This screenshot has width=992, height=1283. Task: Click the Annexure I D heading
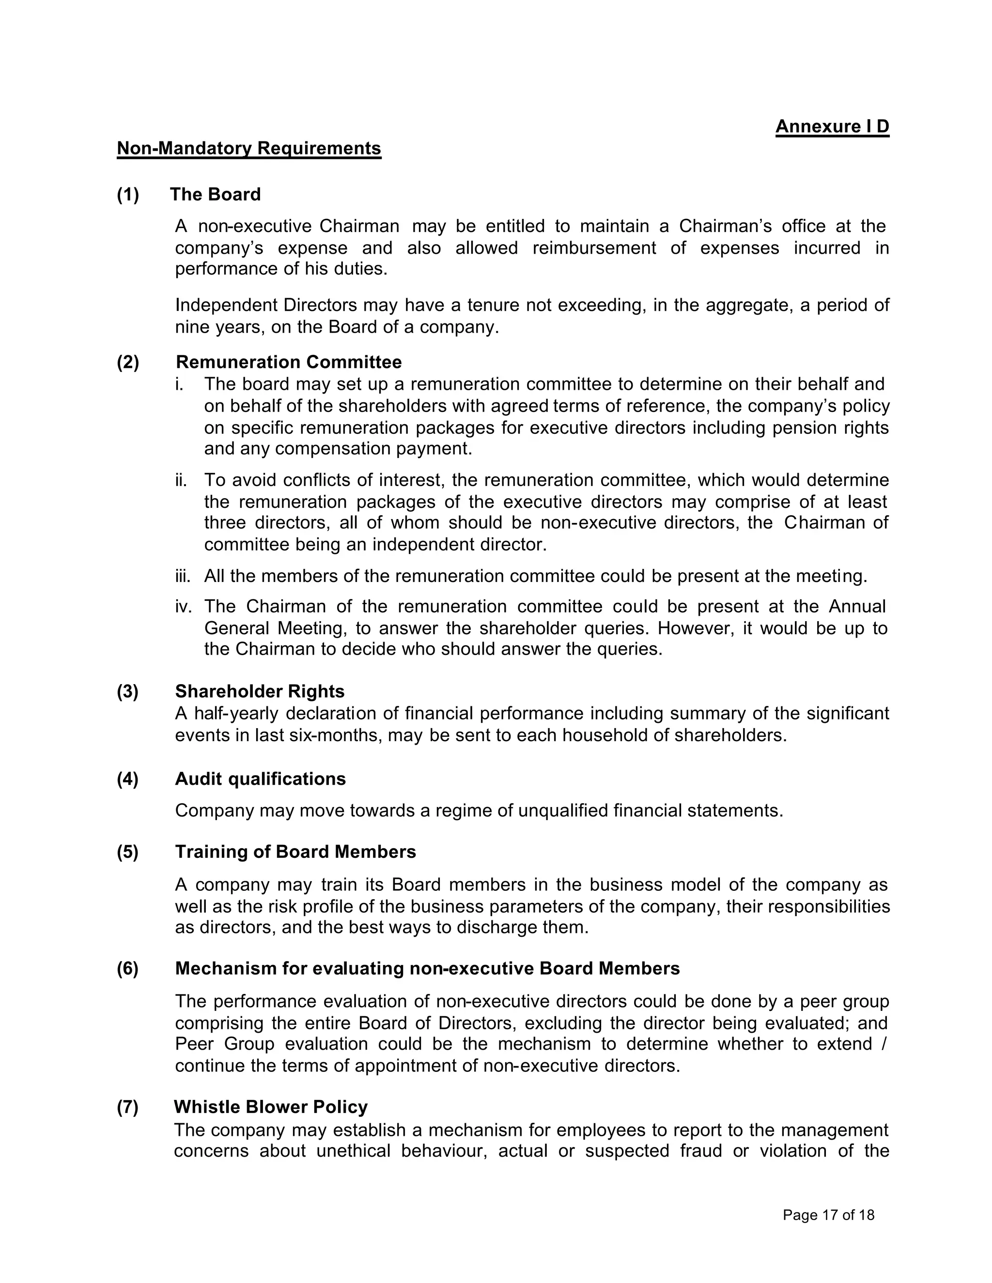pos(832,127)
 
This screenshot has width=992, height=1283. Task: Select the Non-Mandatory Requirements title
pos(248,148)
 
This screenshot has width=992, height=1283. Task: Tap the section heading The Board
pos(215,195)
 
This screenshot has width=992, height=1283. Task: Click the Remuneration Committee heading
pos(289,362)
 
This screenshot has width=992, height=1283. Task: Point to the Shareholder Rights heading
pos(260,691)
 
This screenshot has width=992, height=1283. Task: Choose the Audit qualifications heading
pos(260,779)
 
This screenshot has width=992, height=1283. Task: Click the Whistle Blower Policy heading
pos(270,1107)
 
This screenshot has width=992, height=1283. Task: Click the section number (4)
pos(127,779)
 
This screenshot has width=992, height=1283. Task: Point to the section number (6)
pos(127,968)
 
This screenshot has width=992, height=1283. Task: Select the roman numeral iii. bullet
pos(183,576)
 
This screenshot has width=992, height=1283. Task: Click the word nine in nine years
pos(192,327)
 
